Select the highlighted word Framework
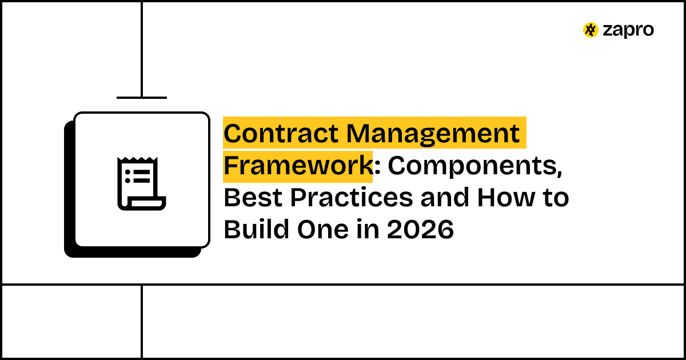297,166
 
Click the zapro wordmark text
628,30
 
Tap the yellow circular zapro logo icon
591,30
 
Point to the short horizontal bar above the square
142,98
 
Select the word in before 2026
364,230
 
